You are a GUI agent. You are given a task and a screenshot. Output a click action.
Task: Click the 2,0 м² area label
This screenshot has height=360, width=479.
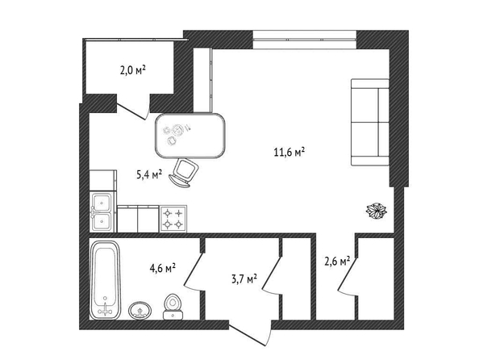coord(132,71)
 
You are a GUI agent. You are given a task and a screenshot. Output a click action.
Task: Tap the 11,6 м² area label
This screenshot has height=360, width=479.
coord(290,152)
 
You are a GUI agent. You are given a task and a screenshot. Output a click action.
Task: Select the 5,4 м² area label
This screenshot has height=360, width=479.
coord(148,174)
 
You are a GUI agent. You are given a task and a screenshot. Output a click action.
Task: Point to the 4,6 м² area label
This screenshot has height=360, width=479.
coord(163,268)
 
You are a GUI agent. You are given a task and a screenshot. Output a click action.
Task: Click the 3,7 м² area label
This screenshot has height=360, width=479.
coord(244,279)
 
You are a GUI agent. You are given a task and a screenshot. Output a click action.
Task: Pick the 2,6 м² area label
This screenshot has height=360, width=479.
coord(337,262)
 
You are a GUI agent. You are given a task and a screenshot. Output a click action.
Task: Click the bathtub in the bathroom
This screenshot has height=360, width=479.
coord(105,280)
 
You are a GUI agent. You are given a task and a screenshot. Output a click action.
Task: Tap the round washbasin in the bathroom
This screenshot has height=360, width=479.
coord(140,310)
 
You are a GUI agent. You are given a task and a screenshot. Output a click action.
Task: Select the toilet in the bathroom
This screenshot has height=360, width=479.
coord(173,307)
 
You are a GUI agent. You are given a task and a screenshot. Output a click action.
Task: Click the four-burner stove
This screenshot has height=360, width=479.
coord(173,219)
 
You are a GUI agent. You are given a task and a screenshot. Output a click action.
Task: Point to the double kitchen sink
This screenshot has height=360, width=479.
coord(102,211)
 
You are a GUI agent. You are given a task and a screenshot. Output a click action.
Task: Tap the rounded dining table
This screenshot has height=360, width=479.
coord(190,136)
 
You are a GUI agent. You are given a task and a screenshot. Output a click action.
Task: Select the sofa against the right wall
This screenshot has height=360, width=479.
coord(370,123)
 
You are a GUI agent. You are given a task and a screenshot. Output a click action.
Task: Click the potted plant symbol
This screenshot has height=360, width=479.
coord(377,211)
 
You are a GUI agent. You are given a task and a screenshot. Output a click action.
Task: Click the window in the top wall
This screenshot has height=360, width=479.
coord(305,40)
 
